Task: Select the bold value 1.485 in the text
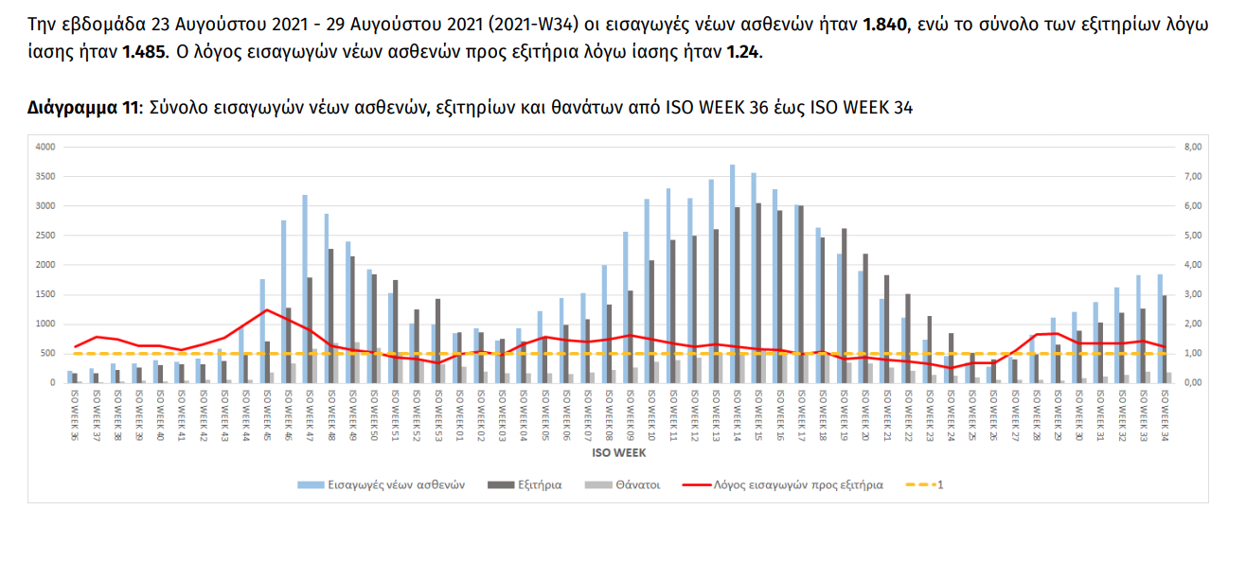coord(145,53)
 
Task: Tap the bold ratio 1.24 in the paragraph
coord(743,53)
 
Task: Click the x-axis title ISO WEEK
coord(613,452)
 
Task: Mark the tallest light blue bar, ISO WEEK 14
coord(732,274)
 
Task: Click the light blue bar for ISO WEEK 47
coord(305,289)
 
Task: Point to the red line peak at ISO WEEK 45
coord(267,309)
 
